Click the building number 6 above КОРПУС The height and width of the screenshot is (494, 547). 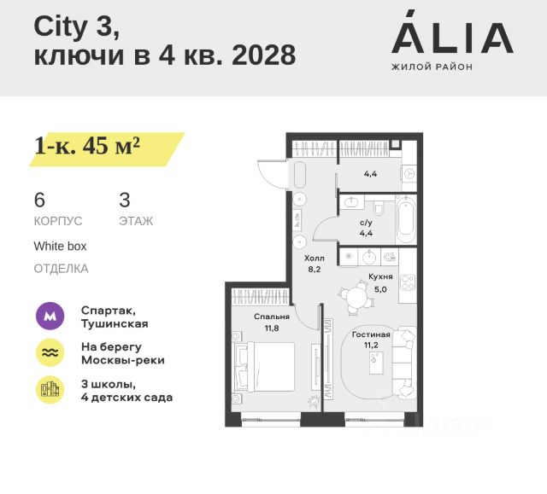39,201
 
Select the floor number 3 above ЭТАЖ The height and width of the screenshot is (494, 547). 125,201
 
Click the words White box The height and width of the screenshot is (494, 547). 60,246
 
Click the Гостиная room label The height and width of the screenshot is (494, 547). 371,334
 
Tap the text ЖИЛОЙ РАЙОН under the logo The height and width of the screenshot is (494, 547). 431,66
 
